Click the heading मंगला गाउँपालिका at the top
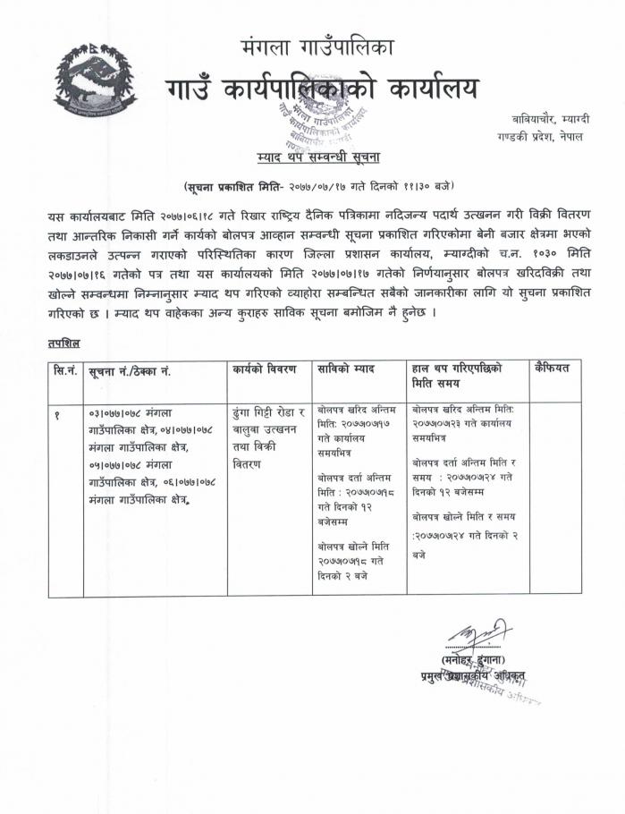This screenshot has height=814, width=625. (x=317, y=47)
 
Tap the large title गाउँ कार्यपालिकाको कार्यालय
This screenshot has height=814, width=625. (x=322, y=89)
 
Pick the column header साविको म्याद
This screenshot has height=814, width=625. (x=346, y=369)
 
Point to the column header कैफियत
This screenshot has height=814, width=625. (x=557, y=369)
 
